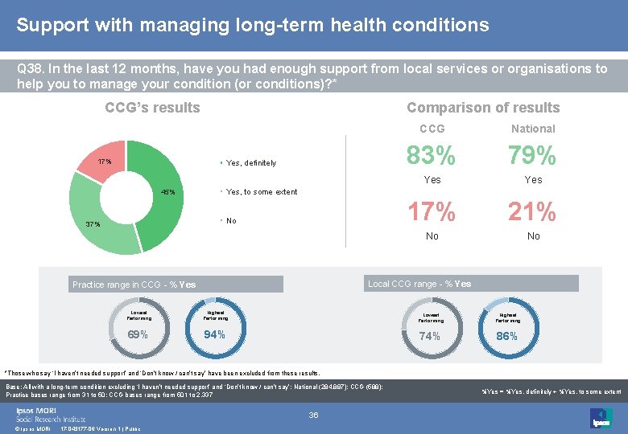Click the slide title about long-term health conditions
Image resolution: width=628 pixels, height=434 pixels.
click(x=252, y=25)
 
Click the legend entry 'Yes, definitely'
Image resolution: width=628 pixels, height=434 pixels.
click(x=250, y=163)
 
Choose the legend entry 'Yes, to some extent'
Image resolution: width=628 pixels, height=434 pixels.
click(x=261, y=192)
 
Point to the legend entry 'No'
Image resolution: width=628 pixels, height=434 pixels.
click(x=231, y=221)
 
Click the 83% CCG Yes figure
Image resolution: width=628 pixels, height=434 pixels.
click(x=432, y=154)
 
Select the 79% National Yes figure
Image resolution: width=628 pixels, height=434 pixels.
click(x=532, y=154)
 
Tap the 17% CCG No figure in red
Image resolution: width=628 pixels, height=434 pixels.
click(x=432, y=212)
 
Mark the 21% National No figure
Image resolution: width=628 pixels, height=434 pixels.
click(x=532, y=212)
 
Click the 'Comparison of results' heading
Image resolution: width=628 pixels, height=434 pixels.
click(x=482, y=108)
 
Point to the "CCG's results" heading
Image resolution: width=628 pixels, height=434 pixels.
click(x=152, y=108)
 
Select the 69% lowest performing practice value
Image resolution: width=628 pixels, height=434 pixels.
click(x=138, y=334)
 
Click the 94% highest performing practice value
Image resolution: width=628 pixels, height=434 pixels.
click(x=214, y=334)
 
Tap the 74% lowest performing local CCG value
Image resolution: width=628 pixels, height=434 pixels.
click(x=430, y=336)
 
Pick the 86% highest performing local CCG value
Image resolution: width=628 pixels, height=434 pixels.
click(x=506, y=336)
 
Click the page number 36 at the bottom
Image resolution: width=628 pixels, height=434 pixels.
click(x=314, y=415)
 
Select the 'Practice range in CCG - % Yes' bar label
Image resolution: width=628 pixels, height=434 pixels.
click(x=134, y=285)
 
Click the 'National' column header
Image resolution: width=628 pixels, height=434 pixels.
click(x=532, y=129)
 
